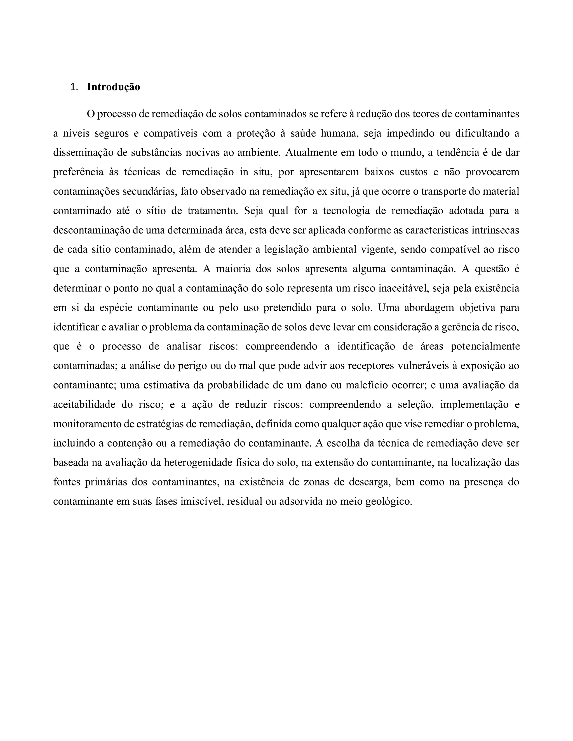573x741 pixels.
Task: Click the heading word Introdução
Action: tap(113, 87)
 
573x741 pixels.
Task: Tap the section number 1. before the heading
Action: tap(74, 87)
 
